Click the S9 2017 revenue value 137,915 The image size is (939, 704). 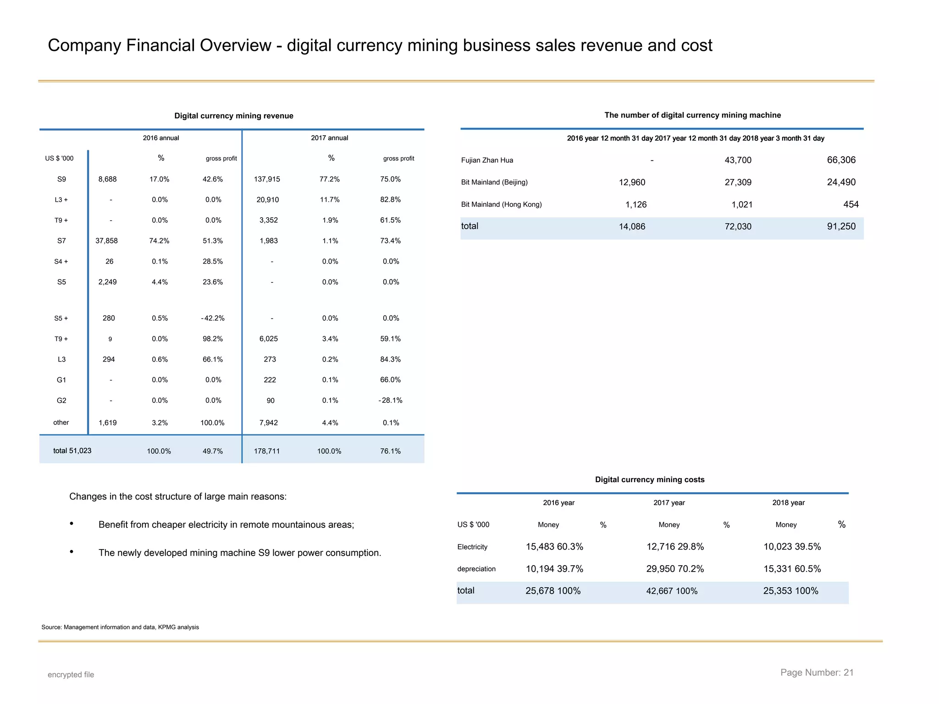pyautogui.click(x=267, y=179)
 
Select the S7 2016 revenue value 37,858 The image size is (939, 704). pyautogui.click(x=106, y=241)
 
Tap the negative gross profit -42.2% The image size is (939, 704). pyautogui.click(x=213, y=319)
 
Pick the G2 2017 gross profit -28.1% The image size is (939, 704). pyautogui.click(x=390, y=401)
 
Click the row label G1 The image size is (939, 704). pyautogui.click(x=61, y=380)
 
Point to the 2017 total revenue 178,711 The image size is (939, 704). pyautogui.click(x=267, y=451)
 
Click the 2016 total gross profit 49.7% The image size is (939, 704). pyautogui.click(x=213, y=451)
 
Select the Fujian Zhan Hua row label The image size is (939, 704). pyautogui.click(x=487, y=160)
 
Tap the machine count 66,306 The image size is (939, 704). pyautogui.click(x=841, y=160)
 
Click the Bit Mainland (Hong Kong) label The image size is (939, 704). pyautogui.click(x=501, y=204)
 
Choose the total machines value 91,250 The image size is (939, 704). pyautogui.click(x=841, y=226)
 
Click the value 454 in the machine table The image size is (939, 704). pyautogui.click(x=851, y=204)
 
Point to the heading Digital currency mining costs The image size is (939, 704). pyautogui.click(x=649, y=480)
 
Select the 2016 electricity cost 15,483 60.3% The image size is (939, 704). pyautogui.click(x=554, y=547)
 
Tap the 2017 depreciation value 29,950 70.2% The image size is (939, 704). pyautogui.click(x=675, y=569)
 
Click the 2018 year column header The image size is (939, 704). pyautogui.click(x=788, y=503)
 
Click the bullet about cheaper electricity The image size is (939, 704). pyautogui.click(x=226, y=525)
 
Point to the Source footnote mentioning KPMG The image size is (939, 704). pyautogui.click(x=120, y=627)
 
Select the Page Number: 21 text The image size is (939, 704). pyautogui.click(x=817, y=673)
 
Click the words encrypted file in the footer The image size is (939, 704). pyautogui.click(x=71, y=675)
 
